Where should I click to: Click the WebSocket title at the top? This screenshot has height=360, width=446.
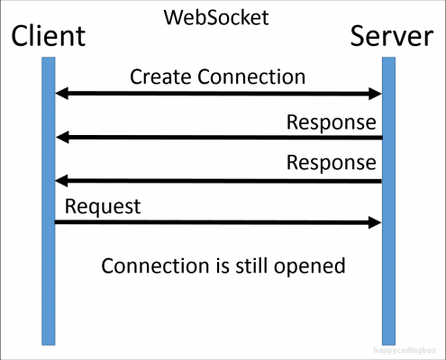click(216, 17)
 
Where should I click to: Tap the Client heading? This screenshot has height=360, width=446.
click(49, 36)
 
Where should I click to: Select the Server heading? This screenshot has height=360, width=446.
click(392, 36)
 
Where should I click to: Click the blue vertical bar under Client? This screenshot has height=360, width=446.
click(49, 201)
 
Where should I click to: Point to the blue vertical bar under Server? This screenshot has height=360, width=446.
click(388, 201)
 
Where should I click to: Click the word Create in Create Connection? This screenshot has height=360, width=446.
click(160, 76)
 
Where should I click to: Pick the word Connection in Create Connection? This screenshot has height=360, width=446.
click(251, 76)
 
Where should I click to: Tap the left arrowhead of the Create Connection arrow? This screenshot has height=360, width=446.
click(61, 94)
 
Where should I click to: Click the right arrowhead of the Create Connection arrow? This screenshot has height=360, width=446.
click(375, 94)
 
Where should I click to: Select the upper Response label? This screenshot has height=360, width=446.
click(332, 122)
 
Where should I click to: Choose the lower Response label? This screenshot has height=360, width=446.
click(332, 163)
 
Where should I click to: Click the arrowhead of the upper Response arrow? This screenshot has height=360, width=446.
click(62, 137)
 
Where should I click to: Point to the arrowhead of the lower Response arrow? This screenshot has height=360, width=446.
click(61, 181)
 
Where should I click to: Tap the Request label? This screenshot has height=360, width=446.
click(103, 207)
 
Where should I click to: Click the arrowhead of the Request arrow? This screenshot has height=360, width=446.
click(375, 222)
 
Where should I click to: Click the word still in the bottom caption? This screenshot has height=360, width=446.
click(251, 265)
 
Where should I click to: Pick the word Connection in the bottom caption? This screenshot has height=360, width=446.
click(155, 265)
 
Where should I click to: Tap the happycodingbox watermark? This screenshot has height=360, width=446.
click(405, 350)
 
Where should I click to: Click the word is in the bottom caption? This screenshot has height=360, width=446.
click(223, 265)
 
